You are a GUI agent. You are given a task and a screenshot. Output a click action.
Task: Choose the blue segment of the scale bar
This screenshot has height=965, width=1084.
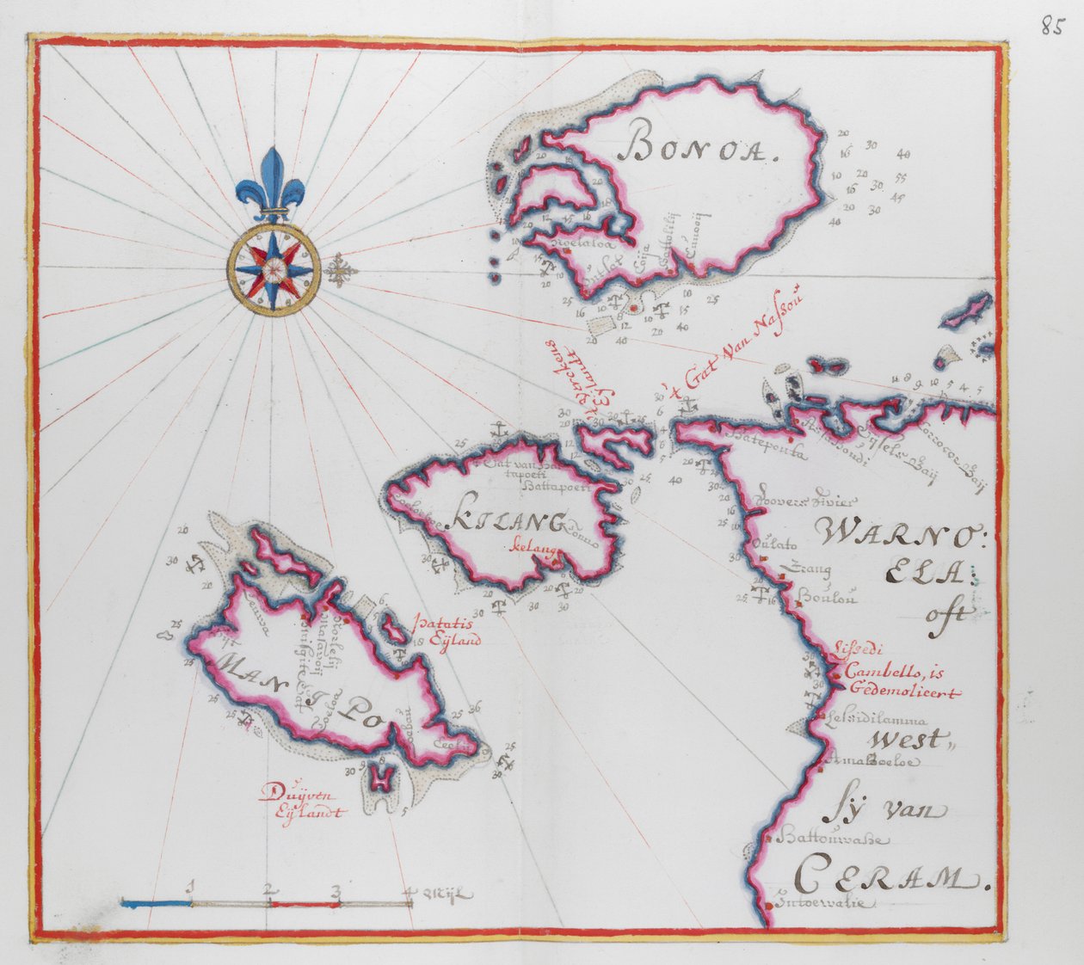(x=156, y=902)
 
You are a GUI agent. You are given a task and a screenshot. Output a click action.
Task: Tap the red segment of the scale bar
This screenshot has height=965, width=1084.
(x=305, y=903)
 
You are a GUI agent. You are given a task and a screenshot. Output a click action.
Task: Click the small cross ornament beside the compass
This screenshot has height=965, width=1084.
(x=342, y=270)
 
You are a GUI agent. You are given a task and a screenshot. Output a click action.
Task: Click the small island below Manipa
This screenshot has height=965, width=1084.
(x=379, y=778)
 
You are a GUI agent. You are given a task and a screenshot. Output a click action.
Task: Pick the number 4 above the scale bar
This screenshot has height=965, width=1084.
(x=411, y=889)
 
